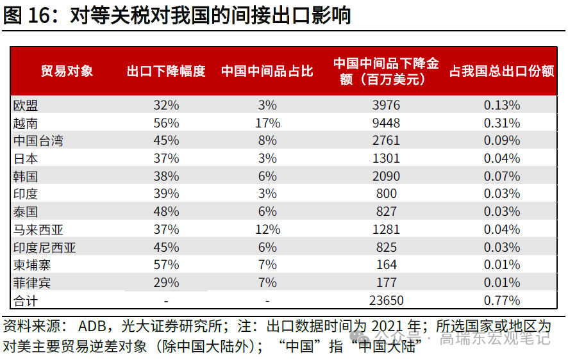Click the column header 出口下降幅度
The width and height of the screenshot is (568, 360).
coord(166,71)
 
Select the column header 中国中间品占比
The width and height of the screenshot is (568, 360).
coord(267,71)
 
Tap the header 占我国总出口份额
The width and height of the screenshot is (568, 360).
coord(501,71)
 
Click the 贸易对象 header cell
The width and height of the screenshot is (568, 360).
coord(67,71)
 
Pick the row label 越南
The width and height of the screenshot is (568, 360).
coord(25,123)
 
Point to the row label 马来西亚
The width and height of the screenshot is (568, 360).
coord(38,229)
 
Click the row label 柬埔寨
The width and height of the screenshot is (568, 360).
coord(31,265)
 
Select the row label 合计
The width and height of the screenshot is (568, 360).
coord(25,300)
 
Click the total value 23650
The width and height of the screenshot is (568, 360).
coord(386,300)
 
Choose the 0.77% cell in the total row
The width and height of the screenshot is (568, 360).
coord(503,300)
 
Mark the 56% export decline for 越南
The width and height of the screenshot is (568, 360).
coord(166,123)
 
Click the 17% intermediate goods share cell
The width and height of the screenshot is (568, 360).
coord(267,123)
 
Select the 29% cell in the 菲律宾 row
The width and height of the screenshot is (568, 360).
coord(166,282)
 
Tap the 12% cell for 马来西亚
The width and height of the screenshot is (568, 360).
coord(267,229)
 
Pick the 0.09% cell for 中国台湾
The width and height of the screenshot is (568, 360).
coord(503,140)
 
